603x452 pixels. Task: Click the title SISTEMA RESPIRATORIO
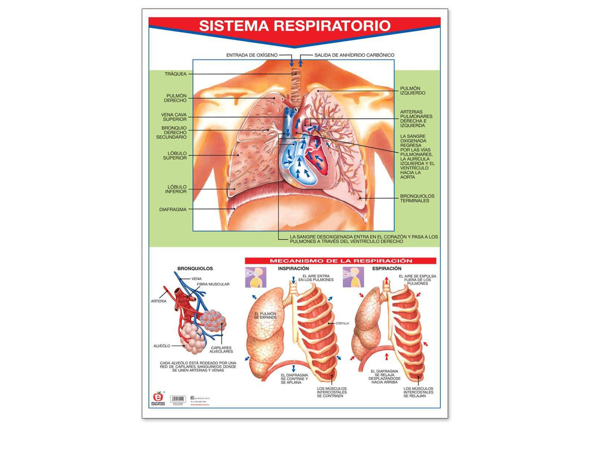click(x=294, y=26)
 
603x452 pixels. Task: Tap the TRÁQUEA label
click(x=175, y=74)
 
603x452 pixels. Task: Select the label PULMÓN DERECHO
click(x=176, y=98)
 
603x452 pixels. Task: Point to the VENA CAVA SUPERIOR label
click(x=174, y=117)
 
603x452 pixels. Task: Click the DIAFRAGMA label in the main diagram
click(x=173, y=210)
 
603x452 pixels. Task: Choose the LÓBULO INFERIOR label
click(x=176, y=189)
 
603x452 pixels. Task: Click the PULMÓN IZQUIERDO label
click(x=412, y=91)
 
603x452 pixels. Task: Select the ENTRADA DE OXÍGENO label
click(x=252, y=55)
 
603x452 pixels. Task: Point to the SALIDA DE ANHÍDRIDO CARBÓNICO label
click(x=354, y=55)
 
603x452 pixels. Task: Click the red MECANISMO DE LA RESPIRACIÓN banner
click(x=340, y=261)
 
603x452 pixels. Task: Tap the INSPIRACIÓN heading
click(x=293, y=269)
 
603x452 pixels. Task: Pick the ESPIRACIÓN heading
click(x=387, y=269)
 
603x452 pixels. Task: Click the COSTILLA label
click(x=342, y=323)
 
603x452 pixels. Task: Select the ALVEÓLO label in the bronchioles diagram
click(x=162, y=346)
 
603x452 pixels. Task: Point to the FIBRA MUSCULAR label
click(x=213, y=284)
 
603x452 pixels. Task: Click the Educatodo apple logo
click(x=158, y=397)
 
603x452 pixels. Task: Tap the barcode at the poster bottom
click(x=178, y=399)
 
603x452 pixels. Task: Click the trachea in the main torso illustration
click(x=295, y=80)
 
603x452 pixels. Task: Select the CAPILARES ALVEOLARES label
click(x=221, y=350)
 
